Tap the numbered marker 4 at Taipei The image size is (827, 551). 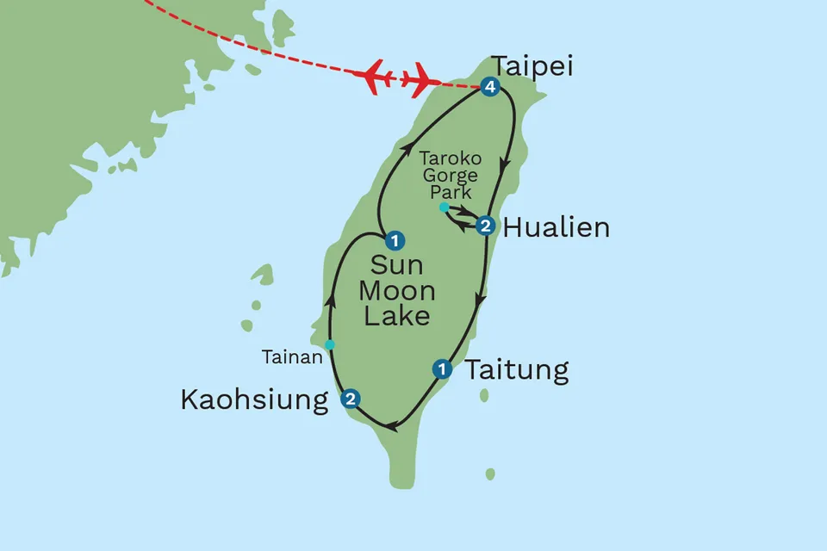pos(490,87)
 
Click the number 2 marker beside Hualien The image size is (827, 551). pos(486,226)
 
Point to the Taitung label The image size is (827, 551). pos(517,370)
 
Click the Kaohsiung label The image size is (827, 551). pos(255,399)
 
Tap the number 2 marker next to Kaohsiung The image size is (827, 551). pos(350,399)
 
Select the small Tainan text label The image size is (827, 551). pos(290,354)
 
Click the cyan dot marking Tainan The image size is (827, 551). pos(329,345)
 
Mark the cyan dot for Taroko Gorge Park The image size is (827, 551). pos(443,207)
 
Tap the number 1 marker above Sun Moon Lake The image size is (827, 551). pos(395,240)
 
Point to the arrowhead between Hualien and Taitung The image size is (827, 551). pos(481,302)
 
